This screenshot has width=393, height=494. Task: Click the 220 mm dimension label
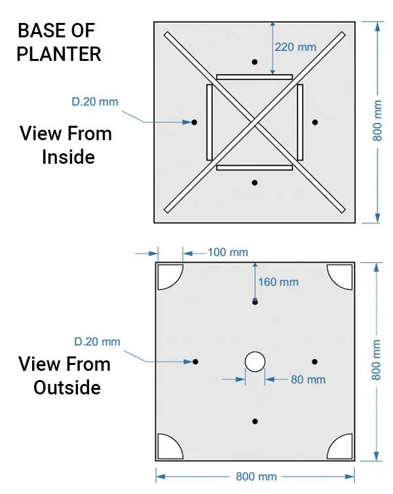(x=295, y=47)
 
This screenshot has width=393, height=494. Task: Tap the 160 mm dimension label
(x=278, y=282)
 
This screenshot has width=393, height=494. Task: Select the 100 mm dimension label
(x=227, y=252)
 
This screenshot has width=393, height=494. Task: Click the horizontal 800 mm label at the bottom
(x=255, y=477)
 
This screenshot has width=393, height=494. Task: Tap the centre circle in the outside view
(x=255, y=361)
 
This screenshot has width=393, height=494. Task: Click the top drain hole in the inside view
(x=255, y=62)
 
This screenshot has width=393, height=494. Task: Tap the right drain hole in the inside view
(x=315, y=122)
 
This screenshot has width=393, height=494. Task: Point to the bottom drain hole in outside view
(x=255, y=421)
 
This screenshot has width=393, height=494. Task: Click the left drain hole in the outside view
(x=195, y=362)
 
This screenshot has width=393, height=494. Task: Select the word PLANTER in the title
(x=59, y=54)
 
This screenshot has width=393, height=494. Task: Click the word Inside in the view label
(x=68, y=157)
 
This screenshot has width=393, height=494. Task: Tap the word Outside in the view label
(x=67, y=387)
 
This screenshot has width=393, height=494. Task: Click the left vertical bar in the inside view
(x=210, y=122)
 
